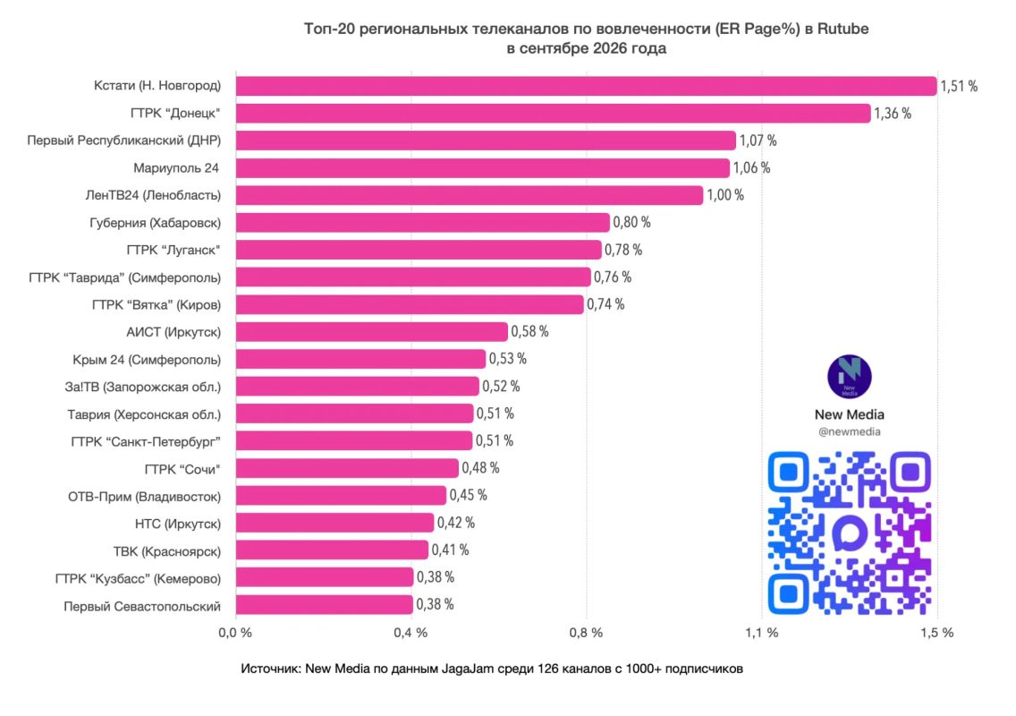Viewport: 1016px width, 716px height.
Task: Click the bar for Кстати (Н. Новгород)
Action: click(x=587, y=86)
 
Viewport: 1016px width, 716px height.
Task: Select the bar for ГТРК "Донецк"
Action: click(x=554, y=113)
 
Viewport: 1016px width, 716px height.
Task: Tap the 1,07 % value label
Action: click(x=758, y=141)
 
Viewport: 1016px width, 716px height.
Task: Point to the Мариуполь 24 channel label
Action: click(x=176, y=168)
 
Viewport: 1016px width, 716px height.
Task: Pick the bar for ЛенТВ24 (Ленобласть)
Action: click(x=470, y=195)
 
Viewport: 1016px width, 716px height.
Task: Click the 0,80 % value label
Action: click(x=631, y=223)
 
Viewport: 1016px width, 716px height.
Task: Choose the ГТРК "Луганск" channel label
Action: click(x=174, y=251)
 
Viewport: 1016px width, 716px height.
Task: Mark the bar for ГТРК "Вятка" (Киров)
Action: click(x=410, y=304)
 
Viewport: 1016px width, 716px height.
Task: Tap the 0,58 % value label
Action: click(x=530, y=331)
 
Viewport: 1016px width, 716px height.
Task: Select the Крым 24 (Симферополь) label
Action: click(x=147, y=360)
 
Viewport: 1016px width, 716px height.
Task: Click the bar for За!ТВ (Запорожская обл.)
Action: click(x=358, y=387)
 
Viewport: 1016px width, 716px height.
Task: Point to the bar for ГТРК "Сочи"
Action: click(x=347, y=468)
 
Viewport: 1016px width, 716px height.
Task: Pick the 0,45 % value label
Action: click(x=469, y=496)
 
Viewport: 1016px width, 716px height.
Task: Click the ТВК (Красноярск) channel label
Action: click(x=167, y=552)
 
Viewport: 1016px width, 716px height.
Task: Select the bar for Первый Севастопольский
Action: click(x=325, y=605)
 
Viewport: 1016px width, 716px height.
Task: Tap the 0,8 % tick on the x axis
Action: click(x=586, y=633)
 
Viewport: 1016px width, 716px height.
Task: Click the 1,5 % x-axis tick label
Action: click(x=937, y=633)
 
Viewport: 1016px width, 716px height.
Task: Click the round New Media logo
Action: click(x=850, y=377)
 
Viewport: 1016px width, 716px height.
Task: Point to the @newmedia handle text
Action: click(x=850, y=432)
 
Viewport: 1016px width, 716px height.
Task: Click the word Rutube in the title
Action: click(x=842, y=29)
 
